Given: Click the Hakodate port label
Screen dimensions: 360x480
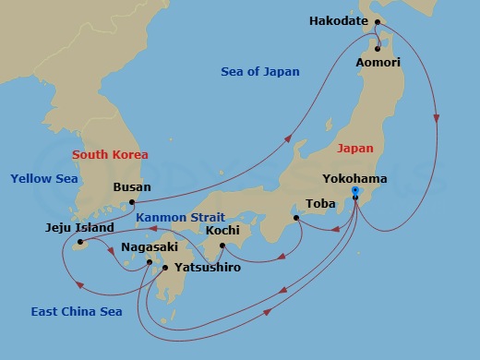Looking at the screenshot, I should pyautogui.click(x=344, y=20).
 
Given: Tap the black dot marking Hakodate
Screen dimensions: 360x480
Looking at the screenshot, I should pyautogui.click(x=376, y=21).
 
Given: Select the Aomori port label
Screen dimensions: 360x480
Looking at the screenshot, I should pyautogui.click(x=378, y=63).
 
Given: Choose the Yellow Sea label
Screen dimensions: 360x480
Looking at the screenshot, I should pyautogui.click(x=44, y=178).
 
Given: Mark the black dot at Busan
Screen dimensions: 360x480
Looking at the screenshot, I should pyautogui.click(x=133, y=201).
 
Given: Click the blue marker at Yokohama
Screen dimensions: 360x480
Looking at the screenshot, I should pyautogui.click(x=355, y=193).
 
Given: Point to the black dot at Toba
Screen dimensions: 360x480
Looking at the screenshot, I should pyautogui.click(x=295, y=219).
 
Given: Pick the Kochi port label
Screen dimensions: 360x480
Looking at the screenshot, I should pyautogui.click(x=222, y=230).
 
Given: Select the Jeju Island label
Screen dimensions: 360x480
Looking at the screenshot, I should pyautogui.click(x=79, y=227).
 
